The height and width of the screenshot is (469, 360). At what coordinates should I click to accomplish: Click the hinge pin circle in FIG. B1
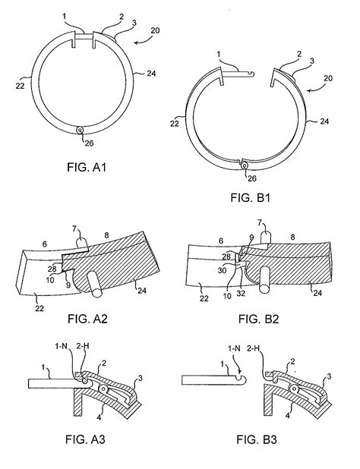point(242,165)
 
